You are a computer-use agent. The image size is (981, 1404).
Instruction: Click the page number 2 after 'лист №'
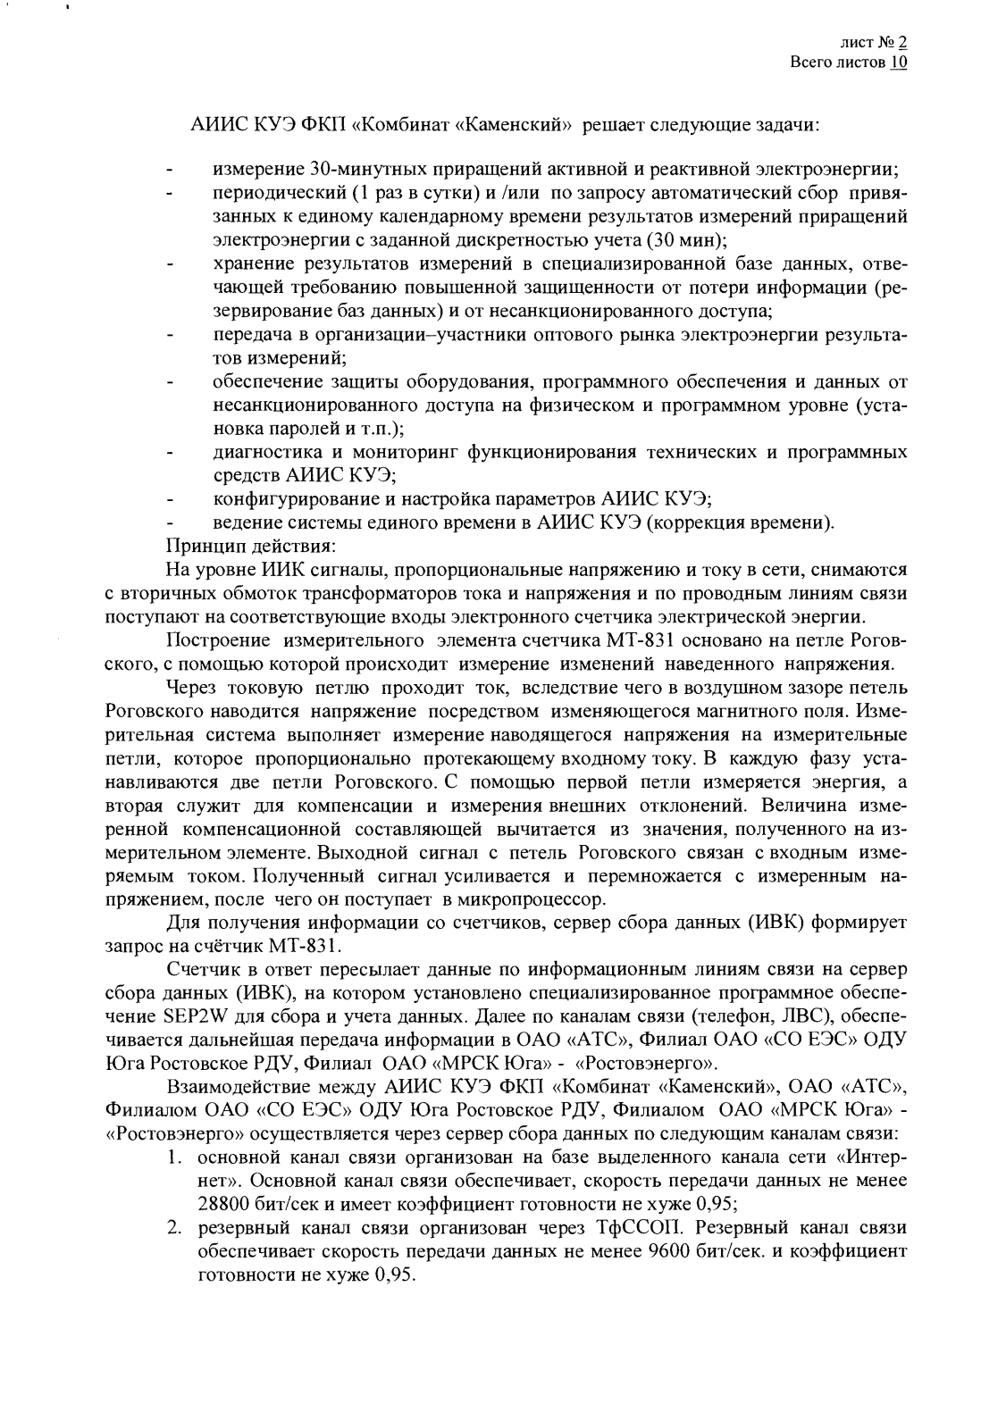[x=902, y=42]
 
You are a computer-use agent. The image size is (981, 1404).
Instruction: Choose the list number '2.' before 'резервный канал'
[x=175, y=1225]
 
